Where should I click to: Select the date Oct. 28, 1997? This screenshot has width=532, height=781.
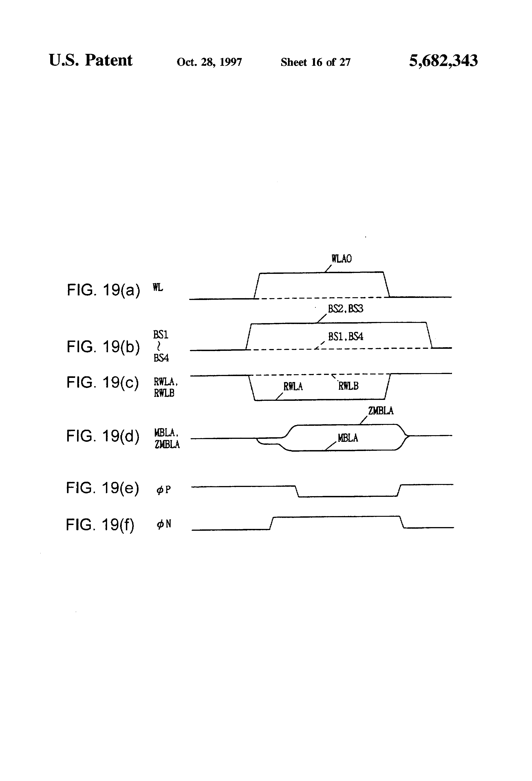click(209, 62)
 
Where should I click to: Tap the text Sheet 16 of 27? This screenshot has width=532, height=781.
click(316, 62)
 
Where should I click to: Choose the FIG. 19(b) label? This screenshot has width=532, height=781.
click(103, 347)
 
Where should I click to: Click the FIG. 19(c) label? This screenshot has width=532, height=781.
click(102, 382)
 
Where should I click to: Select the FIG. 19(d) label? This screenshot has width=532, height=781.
click(103, 436)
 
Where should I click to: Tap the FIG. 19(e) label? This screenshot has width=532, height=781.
click(102, 488)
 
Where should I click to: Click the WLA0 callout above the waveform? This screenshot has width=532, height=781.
click(341, 259)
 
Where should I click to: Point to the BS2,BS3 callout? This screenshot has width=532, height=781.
click(345, 308)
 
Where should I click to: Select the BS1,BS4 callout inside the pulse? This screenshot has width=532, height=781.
click(345, 336)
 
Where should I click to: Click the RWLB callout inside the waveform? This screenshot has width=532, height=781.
click(348, 386)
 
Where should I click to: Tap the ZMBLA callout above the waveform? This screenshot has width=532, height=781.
click(381, 411)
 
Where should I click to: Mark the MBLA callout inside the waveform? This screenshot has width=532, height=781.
click(348, 438)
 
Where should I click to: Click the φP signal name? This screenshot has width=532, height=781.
click(164, 490)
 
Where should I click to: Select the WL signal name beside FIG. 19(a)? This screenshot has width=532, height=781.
click(158, 287)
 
